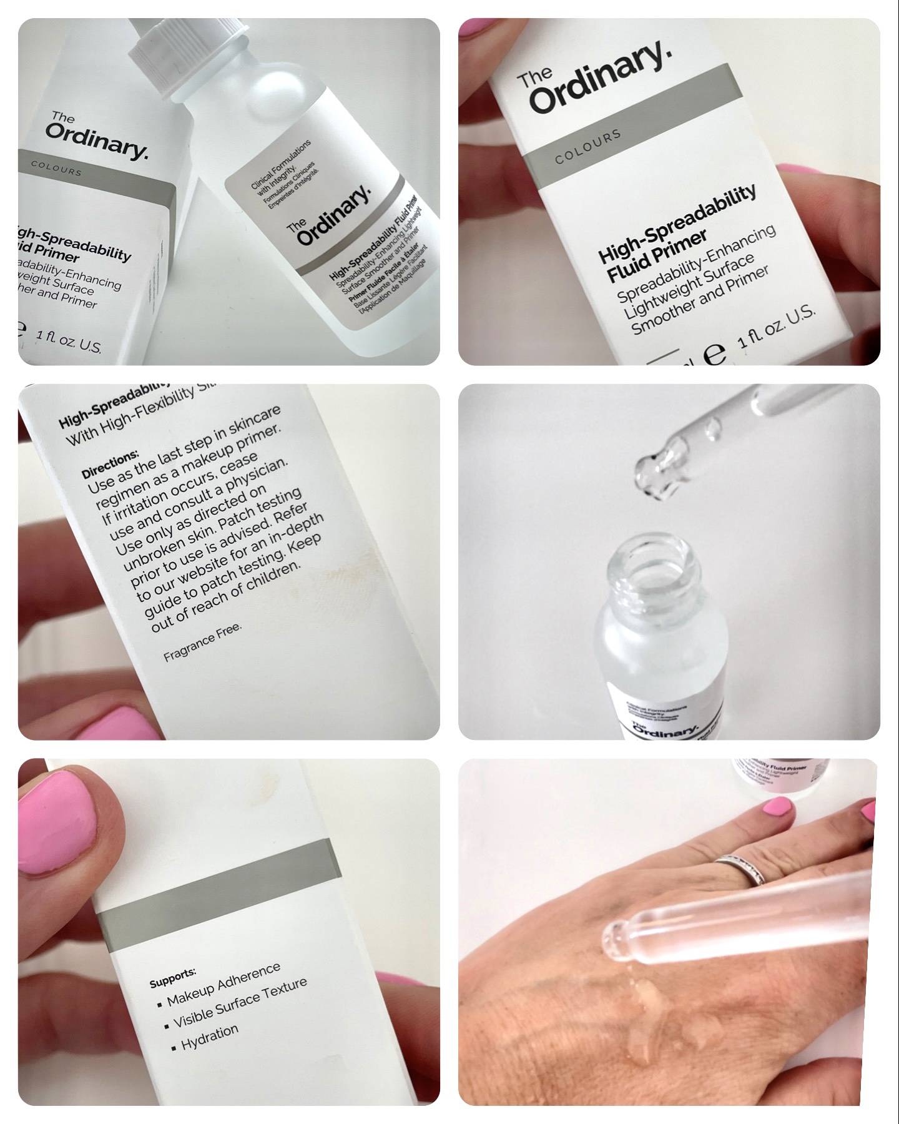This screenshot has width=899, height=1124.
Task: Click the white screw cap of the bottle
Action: click(191, 56)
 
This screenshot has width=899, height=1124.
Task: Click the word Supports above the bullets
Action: click(172, 979)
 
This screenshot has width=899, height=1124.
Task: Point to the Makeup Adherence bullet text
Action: click(224, 986)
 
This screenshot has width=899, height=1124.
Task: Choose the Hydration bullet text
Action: click(210, 1038)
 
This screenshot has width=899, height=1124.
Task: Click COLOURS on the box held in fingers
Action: click(587, 147)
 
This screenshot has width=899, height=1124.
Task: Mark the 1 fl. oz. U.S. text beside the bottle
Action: click(69, 343)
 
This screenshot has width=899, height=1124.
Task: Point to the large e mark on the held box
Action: click(714, 355)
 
